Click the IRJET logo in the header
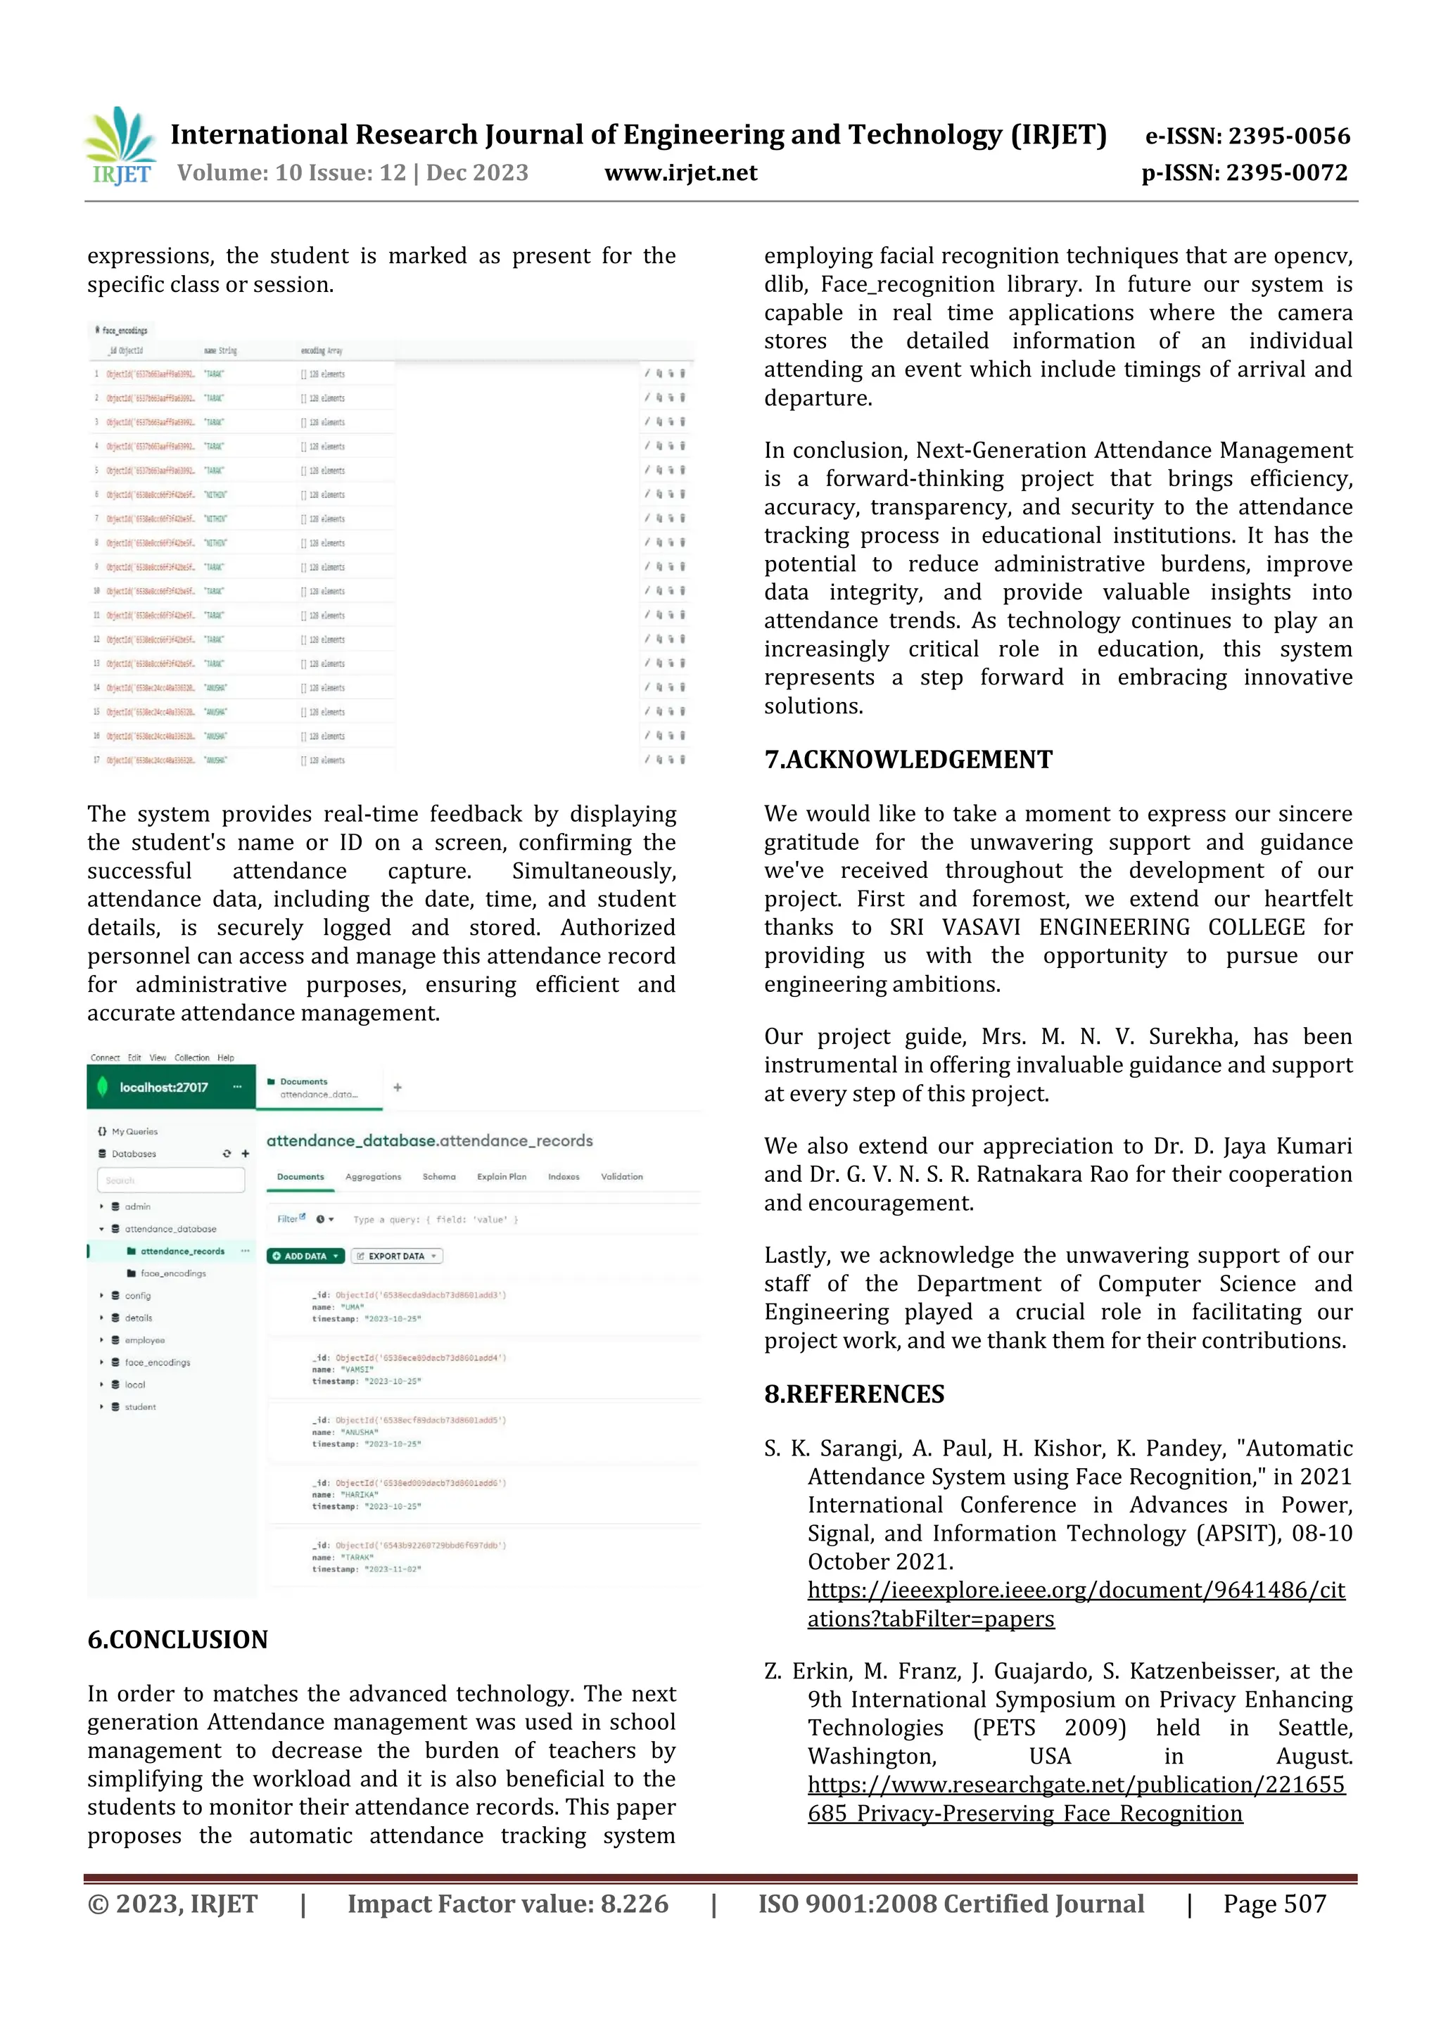click(120, 146)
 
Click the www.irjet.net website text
click(680, 173)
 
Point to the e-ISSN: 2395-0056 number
click(1247, 136)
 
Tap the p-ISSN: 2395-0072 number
click(1244, 173)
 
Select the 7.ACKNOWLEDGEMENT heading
click(908, 760)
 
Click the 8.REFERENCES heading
click(854, 1394)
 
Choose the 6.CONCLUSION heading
click(177, 1639)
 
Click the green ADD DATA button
click(305, 1256)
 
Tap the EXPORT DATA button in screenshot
click(397, 1256)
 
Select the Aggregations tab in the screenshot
click(373, 1177)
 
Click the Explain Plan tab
click(502, 1177)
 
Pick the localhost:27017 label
click(163, 1088)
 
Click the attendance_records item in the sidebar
click(182, 1252)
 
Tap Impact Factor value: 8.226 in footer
click(507, 1904)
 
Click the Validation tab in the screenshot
click(621, 1177)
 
